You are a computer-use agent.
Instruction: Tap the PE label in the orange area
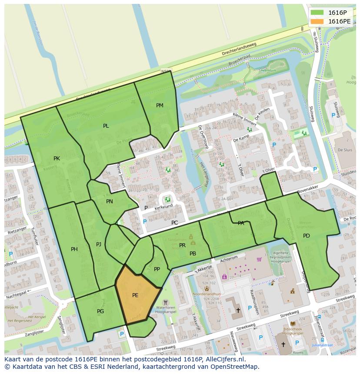point(135,295)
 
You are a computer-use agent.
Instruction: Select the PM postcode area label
point(160,106)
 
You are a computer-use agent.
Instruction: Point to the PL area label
point(106,126)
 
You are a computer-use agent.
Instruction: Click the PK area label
point(57,159)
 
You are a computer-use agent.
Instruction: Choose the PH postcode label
point(74,249)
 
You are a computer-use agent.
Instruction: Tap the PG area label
point(100,311)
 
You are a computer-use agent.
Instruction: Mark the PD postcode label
point(307,236)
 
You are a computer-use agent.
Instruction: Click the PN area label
point(110,202)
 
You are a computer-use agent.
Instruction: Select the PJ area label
point(99,245)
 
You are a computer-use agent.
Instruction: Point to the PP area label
point(157,269)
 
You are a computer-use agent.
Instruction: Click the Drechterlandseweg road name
point(239,49)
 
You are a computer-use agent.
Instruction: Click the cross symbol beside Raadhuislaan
point(238,310)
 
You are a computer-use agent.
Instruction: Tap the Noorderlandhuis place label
point(207,294)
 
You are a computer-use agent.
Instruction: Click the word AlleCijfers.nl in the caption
point(227,359)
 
